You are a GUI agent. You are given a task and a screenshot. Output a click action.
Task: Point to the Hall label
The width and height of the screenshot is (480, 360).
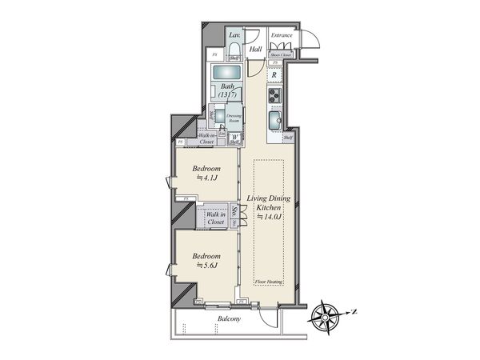pyautogui.click(x=256, y=49)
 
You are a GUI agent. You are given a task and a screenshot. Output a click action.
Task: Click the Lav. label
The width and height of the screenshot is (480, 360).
pyautogui.click(x=235, y=36)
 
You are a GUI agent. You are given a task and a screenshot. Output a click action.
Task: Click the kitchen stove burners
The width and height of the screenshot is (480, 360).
pyautogui.click(x=274, y=97)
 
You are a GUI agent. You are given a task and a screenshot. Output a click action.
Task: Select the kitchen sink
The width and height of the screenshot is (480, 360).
pyautogui.click(x=274, y=120)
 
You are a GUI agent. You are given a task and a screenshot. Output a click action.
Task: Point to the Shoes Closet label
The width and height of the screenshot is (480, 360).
pyautogui.click(x=281, y=54)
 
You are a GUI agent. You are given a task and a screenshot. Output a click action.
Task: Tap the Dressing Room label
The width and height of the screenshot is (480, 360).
pyautogui.click(x=233, y=118)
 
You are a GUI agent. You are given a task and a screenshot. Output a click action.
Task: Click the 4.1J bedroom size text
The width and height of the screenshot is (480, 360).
pyautogui.click(x=206, y=179)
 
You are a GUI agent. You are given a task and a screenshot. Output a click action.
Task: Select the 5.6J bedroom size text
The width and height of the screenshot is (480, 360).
pyautogui.click(x=206, y=266)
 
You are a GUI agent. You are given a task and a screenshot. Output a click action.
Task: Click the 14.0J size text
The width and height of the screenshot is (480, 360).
pyautogui.click(x=266, y=216)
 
